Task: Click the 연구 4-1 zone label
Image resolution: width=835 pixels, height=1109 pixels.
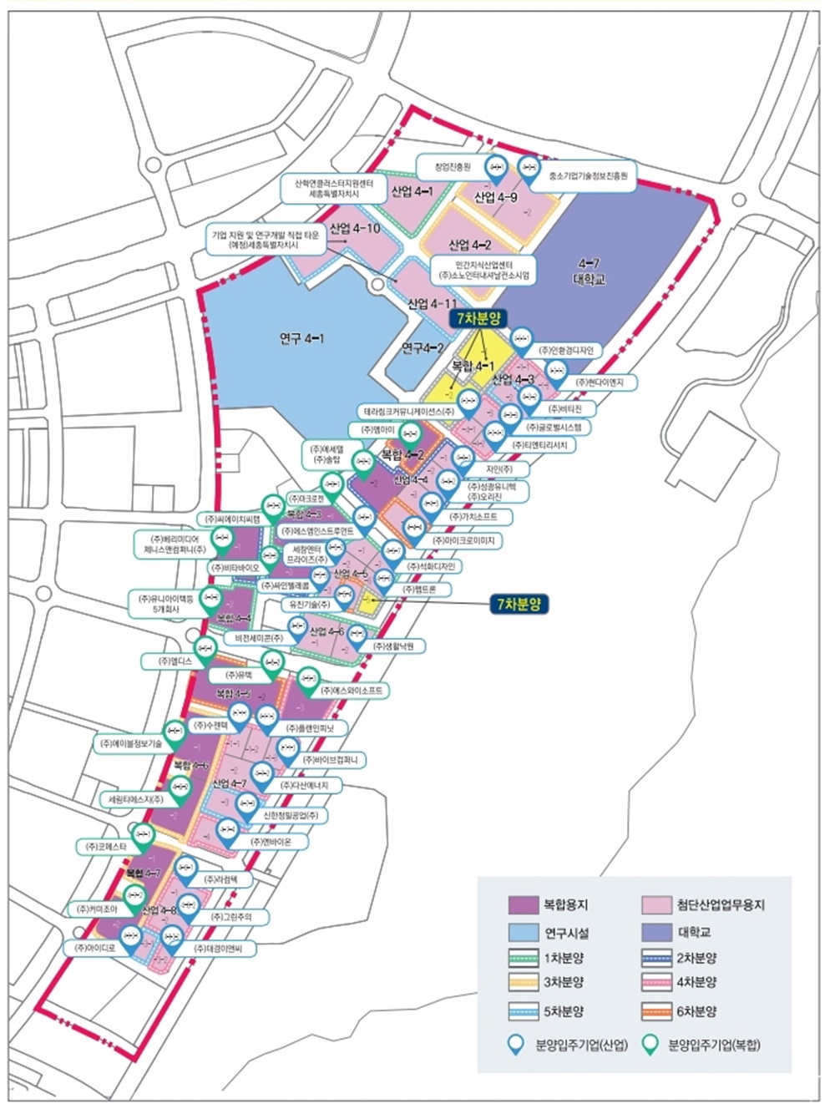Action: click(x=302, y=338)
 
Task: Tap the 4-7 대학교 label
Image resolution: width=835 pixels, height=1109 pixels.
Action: click(x=590, y=272)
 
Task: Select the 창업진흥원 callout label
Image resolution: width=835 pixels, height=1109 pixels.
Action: click(x=453, y=166)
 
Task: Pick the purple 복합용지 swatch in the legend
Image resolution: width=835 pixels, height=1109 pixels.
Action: click(x=524, y=904)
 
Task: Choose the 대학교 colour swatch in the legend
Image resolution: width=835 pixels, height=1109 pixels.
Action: click(x=659, y=931)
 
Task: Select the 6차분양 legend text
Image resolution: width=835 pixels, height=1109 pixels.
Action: click(x=696, y=1010)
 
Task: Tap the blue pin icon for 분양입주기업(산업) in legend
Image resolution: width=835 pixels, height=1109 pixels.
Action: click(x=518, y=1044)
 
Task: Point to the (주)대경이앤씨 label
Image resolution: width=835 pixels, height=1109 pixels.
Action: click(x=225, y=949)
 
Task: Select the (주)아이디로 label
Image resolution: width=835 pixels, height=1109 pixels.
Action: click(x=94, y=949)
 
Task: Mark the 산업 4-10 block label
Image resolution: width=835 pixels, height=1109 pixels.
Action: click(x=355, y=228)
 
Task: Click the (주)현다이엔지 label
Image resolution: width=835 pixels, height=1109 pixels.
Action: click(x=606, y=382)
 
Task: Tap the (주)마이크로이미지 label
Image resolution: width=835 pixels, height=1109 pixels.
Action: click(x=463, y=541)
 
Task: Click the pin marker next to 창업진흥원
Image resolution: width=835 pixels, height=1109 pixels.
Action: click(x=497, y=166)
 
